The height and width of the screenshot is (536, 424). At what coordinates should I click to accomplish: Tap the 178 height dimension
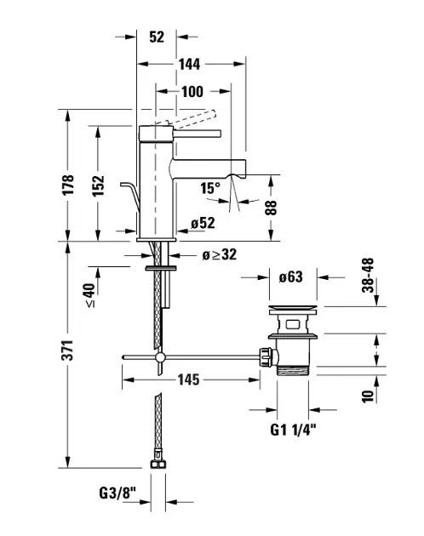pos(69,184)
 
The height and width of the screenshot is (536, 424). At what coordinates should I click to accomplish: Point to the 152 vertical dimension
pos(99,184)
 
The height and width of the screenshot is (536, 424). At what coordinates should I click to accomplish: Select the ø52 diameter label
pos(203,223)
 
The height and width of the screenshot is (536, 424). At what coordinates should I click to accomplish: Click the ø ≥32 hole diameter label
pos(219,254)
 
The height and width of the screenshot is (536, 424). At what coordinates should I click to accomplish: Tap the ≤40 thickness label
pos(90,294)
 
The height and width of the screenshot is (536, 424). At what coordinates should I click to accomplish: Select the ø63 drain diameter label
pos(291,275)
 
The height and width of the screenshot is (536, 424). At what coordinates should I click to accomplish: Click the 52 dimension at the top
pos(157,36)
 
